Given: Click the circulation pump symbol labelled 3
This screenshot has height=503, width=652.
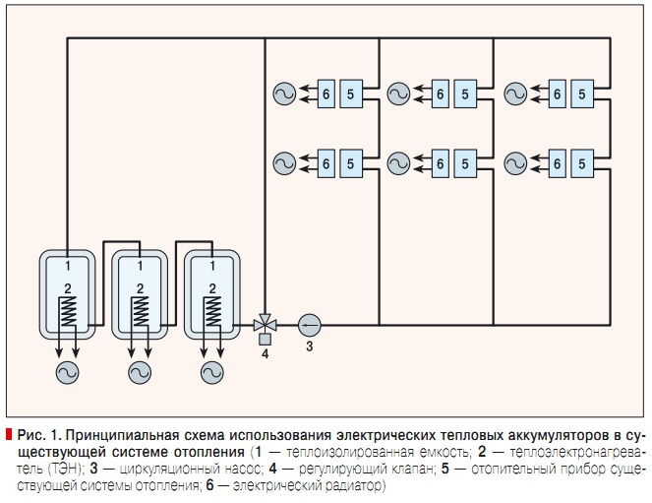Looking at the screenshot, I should coord(309,324).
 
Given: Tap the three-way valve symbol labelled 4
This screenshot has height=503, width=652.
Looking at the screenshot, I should coord(265,324).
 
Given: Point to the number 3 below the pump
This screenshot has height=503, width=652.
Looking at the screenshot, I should coord(308,346).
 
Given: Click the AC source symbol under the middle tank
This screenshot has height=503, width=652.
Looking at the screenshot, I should coord(140,372).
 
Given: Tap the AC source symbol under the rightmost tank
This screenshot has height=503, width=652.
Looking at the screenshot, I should coord(211,372).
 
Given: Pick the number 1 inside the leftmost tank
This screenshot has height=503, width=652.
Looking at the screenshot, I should coord(68,266).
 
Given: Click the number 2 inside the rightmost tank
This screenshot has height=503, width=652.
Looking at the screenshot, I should coord(211,287).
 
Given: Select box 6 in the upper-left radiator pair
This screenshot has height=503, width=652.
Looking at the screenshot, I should coord(326,94).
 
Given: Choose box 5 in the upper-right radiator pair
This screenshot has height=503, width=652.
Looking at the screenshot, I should coord(583,94).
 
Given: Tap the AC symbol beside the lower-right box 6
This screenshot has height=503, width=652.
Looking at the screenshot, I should coord(514,160).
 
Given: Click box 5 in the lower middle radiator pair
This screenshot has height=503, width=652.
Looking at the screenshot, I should coord(465,160).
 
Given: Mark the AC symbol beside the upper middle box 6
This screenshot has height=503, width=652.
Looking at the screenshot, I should coord(398,94).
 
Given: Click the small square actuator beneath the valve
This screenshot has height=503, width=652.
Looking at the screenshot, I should coord(265,340).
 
